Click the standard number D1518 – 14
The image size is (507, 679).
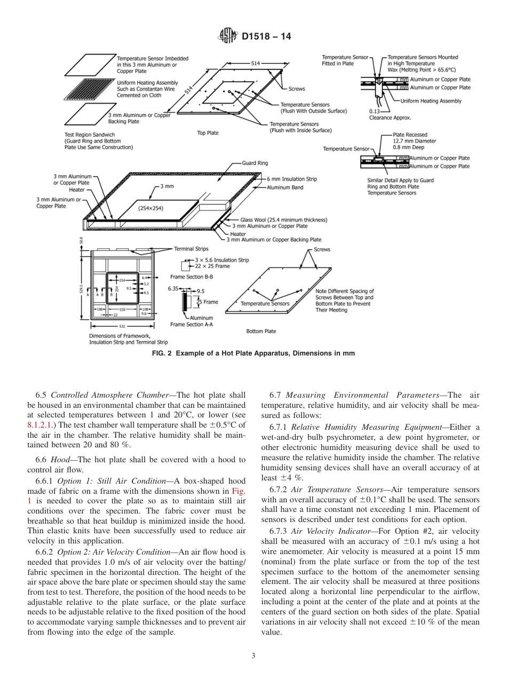(266, 37)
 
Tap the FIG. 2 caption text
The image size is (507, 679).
(253, 353)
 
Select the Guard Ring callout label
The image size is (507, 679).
(255, 163)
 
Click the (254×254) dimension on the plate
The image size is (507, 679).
(151, 208)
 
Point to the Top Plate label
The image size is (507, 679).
(208, 133)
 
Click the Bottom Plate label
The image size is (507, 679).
(261, 331)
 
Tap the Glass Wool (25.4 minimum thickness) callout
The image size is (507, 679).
(283, 219)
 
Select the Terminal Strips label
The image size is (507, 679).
(191, 249)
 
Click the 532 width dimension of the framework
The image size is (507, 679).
(122, 326)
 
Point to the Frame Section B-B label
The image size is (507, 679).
(192, 277)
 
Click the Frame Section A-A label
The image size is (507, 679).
(192, 324)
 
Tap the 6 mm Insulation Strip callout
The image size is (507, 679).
(292, 179)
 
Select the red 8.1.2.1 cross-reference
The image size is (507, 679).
(42, 425)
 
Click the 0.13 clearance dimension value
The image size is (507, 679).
(374, 111)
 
